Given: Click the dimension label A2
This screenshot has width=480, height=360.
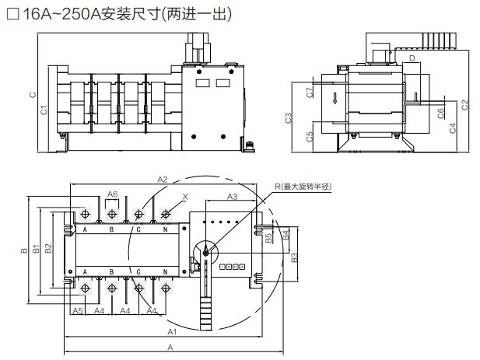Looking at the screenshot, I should pyautogui.click(x=163, y=180).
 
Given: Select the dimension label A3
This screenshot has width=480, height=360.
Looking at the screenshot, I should pyautogui.click(x=232, y=197).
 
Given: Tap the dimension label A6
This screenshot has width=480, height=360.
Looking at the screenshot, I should pyautogui.click(x=112, y=194).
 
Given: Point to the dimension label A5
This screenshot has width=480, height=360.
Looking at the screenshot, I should pyautogui.click(x=77, y=311).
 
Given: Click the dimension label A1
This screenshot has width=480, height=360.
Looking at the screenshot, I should pyautogui.click(x=171, y=332).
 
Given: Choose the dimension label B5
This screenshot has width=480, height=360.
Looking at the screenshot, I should pyautogui.click(x=268, y=238).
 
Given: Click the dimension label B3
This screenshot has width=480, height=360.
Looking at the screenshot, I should pyautogui.click(x=294, y=257).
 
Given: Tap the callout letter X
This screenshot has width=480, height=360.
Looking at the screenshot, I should pyautogui.click(x=184, y=196).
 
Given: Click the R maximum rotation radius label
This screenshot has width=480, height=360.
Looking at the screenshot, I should pyautogui.click(x=303, y=187).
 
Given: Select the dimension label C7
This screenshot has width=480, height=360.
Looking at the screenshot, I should pyautogui.click(x=310, y=93).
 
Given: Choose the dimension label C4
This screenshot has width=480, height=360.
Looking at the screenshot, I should pyautogui.click(x=453, y=128).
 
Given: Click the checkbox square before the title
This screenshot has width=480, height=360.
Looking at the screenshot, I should pyautogui.click(x=12, y=16).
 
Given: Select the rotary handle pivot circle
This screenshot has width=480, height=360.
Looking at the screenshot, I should pyautogui.click(x=205, y=251).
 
